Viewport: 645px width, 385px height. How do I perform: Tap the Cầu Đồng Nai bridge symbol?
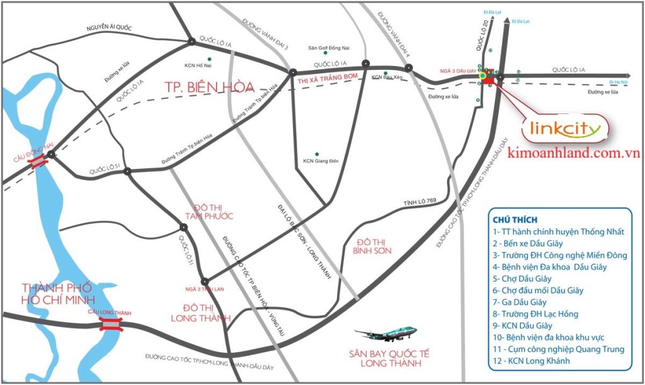(39, 161)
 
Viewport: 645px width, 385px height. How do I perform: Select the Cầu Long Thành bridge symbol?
(110, 324)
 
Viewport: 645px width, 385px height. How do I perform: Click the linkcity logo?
(567, 130)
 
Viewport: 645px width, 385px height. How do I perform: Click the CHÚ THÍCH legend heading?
(515, 220)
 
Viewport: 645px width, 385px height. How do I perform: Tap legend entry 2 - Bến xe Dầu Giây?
(528, 243)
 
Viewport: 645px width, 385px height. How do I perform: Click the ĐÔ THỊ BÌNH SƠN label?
(374, 246)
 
